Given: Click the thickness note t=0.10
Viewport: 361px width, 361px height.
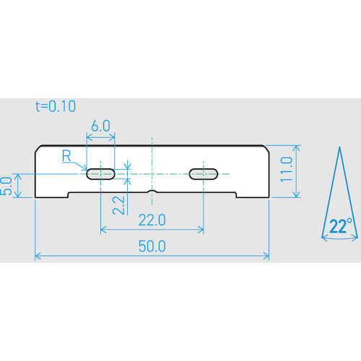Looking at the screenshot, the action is (56, 106).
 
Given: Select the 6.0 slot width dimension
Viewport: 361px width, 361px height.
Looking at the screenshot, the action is (100, 126).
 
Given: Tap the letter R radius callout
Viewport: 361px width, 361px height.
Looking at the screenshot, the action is (66, 155).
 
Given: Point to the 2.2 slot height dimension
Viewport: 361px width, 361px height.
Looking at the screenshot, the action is (118, 205).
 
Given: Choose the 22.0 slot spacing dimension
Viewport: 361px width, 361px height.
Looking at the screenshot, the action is (152, 220).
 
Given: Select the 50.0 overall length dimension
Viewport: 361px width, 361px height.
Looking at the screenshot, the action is (152, 246).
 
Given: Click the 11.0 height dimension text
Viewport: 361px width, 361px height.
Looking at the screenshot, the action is (287, 170).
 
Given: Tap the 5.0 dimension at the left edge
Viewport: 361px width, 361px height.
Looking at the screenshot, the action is (6, 186).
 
